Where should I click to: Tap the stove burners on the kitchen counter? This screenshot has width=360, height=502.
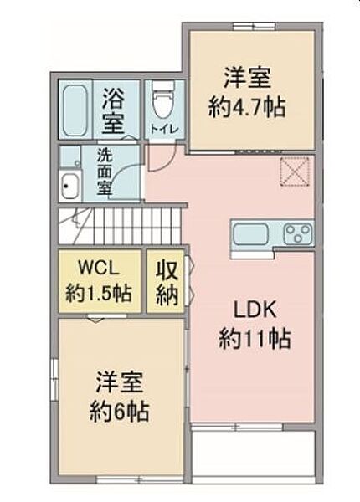[296, 232]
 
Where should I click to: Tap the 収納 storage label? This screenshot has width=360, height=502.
[165, 283]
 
